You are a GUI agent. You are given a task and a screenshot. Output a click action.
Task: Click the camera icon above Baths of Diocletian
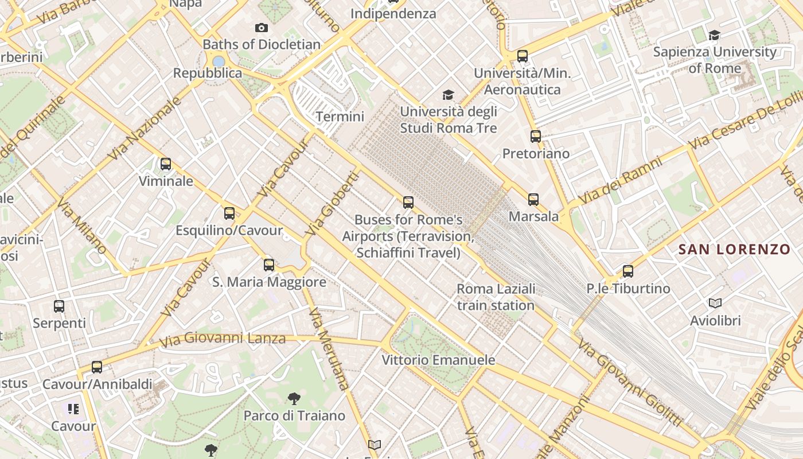261,28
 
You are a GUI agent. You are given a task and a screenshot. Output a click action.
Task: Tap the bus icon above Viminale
166,164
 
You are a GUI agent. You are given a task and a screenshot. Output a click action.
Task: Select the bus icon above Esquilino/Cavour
229,213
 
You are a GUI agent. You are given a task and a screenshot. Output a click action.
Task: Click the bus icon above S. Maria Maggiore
269,264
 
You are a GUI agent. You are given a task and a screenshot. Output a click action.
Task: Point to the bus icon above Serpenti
59,306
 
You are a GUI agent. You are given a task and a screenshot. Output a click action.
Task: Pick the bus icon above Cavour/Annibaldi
97,367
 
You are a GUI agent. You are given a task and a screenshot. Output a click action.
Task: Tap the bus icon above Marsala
533,199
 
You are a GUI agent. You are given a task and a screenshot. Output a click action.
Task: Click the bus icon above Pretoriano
536,136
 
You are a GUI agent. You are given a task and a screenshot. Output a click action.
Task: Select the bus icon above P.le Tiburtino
628,271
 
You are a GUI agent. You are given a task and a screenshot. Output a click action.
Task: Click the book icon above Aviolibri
715,303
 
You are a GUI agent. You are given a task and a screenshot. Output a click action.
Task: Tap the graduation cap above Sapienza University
714,35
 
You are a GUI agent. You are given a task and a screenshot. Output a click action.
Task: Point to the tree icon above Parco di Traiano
294,398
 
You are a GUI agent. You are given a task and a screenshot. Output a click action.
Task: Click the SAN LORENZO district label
734,249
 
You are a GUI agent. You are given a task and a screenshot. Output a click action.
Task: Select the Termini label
340,116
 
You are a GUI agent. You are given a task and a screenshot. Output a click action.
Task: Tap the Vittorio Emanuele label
439,360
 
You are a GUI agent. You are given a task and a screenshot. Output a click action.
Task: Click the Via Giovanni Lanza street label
223,339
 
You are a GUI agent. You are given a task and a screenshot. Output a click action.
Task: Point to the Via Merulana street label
328,348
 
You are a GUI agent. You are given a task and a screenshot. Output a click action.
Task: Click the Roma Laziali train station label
496,297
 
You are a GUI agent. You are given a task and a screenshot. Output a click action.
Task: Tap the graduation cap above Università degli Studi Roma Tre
448,95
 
